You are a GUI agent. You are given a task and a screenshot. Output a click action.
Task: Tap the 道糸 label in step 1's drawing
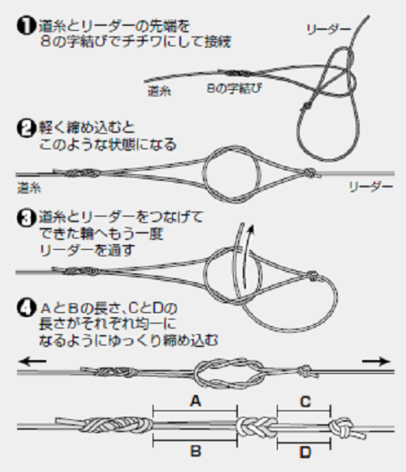159,92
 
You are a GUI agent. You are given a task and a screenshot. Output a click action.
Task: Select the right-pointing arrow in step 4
375,360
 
